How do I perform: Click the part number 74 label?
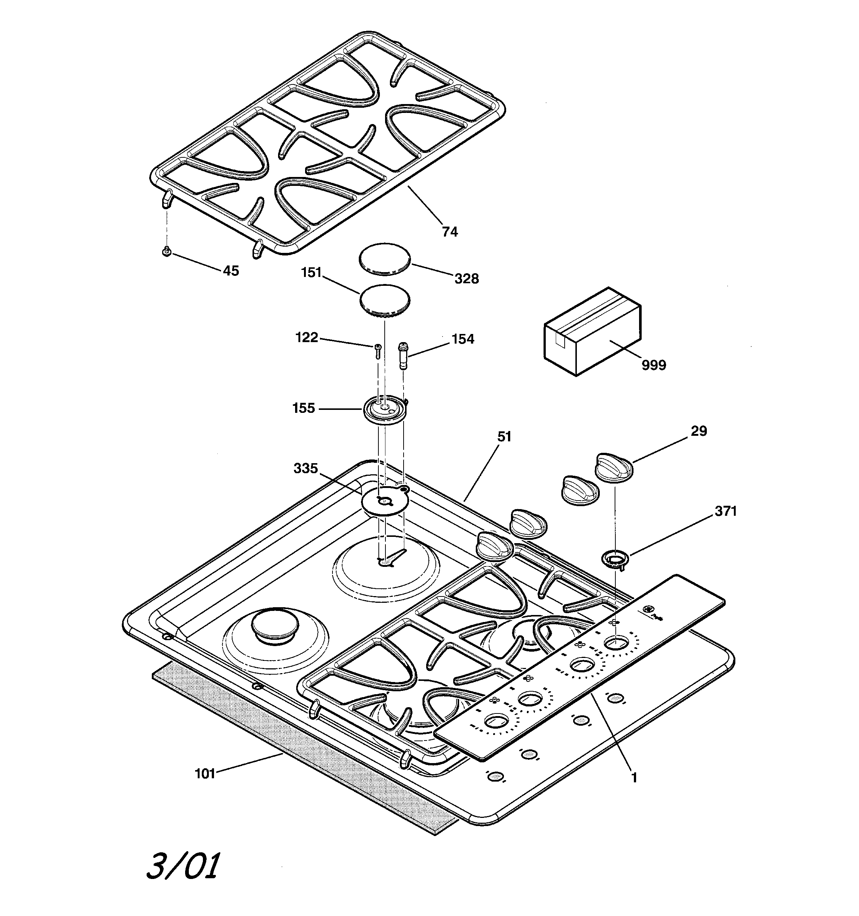pos(450,232)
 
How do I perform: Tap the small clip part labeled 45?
pos(167,251)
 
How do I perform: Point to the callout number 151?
pos(311,273)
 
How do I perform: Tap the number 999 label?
pos(654,365)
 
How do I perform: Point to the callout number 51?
pos(505,437)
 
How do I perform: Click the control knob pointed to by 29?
pos(614,469)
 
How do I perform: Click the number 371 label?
pos(725,511)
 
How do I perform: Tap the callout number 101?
pos(205,773)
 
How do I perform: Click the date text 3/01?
pos(183,866)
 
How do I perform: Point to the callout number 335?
pos(305,469)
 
